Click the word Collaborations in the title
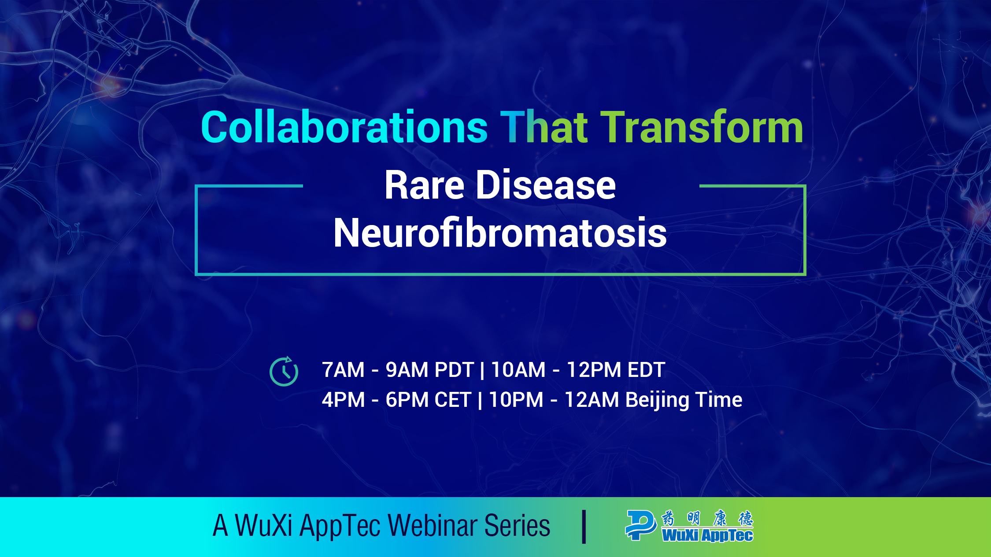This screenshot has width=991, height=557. coord(344,127)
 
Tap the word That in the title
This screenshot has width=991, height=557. coord(544,127)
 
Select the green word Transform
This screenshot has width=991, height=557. coord(702,127)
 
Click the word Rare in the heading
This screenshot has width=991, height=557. coord(424,185)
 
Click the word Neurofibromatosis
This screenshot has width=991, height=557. coord(500,232)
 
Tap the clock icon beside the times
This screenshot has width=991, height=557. coord(284,371)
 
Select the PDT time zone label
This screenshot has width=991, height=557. coord(454,370)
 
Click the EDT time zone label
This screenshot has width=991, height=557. coord(646,370)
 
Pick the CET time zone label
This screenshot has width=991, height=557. coord(453,400)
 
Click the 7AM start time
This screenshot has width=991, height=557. coord(343,370)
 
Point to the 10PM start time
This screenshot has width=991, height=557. coord(516,400)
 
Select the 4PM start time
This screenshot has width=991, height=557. coord(344,400)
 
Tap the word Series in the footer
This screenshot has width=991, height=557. coord(517,525)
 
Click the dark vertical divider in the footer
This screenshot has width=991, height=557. coord(584,527)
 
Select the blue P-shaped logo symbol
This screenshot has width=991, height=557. coord(641,525)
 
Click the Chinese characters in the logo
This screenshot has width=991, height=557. coord(707,518)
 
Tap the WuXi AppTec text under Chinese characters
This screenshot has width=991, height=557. coord(707,535)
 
